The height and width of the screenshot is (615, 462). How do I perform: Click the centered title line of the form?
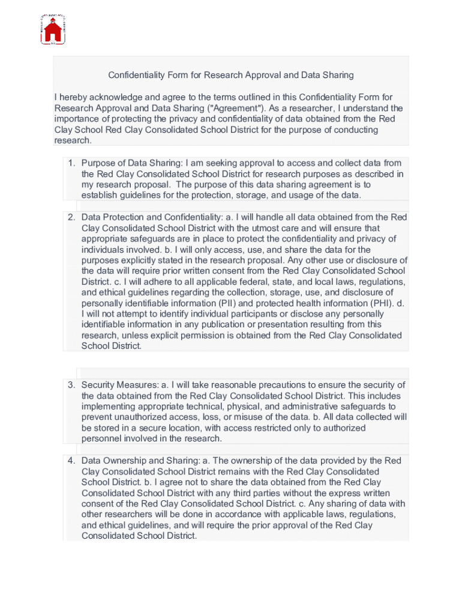(231, 75)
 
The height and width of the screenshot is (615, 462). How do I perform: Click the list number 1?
(71, 163)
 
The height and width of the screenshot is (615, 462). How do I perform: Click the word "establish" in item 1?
(98, 195)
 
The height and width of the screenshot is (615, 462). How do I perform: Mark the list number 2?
(71, 217)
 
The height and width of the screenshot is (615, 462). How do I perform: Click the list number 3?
(71, 385)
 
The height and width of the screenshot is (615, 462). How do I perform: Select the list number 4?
(71, 461)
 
